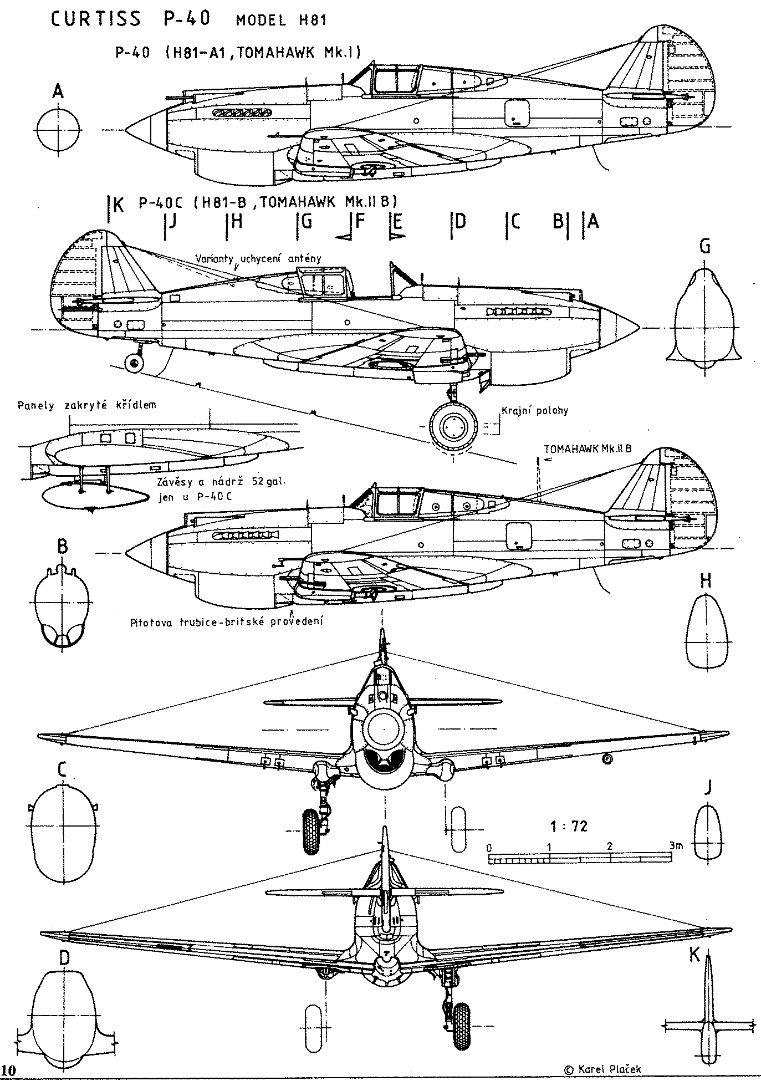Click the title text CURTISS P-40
[131, 19]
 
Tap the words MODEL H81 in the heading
[282, 21]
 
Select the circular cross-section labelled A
[58, 131]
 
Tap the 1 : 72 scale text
[569, 827]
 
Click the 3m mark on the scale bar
[675, 847]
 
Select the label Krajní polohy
[534, 411]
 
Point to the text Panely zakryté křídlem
[87, 405]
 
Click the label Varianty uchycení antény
[258, 258]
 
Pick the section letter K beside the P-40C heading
[118, 206]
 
